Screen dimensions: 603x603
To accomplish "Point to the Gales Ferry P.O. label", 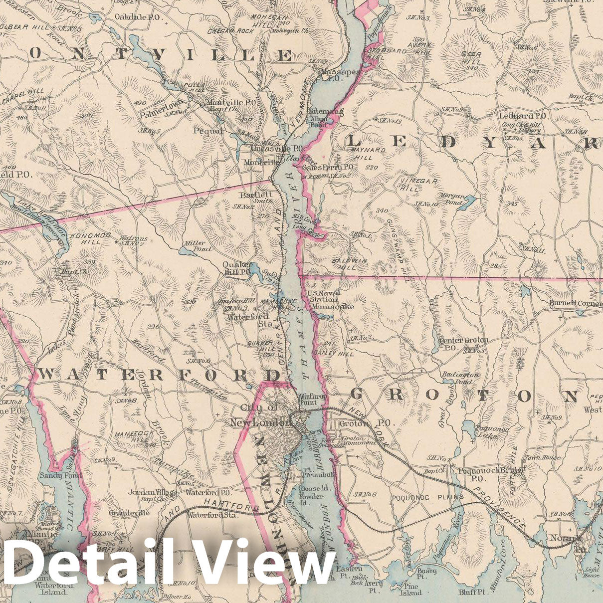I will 328,168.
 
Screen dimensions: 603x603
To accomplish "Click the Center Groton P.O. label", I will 463,343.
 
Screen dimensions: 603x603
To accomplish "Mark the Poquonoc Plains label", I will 427,497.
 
